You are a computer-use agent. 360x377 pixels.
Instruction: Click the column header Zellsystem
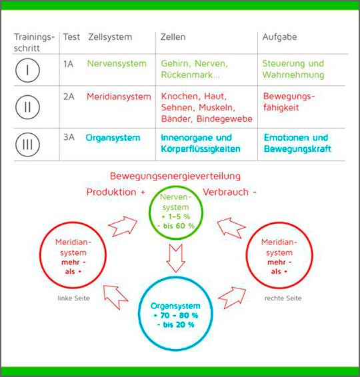(110, 37)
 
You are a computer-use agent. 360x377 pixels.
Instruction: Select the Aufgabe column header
(279, 37)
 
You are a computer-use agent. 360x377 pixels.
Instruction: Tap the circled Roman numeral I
(27, 70)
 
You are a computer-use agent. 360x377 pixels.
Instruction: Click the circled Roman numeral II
(27, 107)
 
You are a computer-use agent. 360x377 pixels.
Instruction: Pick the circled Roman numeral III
(27, 145)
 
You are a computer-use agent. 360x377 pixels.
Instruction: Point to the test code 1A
(69, 64)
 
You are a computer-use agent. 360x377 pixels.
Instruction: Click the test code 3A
(69, 137)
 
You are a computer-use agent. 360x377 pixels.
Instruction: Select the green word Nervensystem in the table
(117, 64)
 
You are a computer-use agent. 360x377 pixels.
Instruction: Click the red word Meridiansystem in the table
(119, 97)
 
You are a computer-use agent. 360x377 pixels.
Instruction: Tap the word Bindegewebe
(224, 119)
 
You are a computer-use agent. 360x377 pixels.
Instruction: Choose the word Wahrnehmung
(293, 75)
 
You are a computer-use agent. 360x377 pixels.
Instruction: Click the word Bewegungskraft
(298, 149)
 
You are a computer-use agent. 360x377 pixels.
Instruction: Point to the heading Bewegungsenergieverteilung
(175, 177)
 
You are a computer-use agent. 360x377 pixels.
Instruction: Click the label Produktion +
(116, 192)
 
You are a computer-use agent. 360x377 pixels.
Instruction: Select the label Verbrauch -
(229, 192)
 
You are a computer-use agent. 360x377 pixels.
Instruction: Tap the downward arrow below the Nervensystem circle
(176, 258)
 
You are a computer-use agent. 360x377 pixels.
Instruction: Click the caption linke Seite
(73, 298)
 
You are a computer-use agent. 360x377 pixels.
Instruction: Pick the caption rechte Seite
(283, 298)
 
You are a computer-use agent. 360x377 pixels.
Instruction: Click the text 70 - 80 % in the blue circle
(179, 315)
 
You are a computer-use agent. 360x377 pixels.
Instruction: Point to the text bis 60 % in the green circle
(179, 226)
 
